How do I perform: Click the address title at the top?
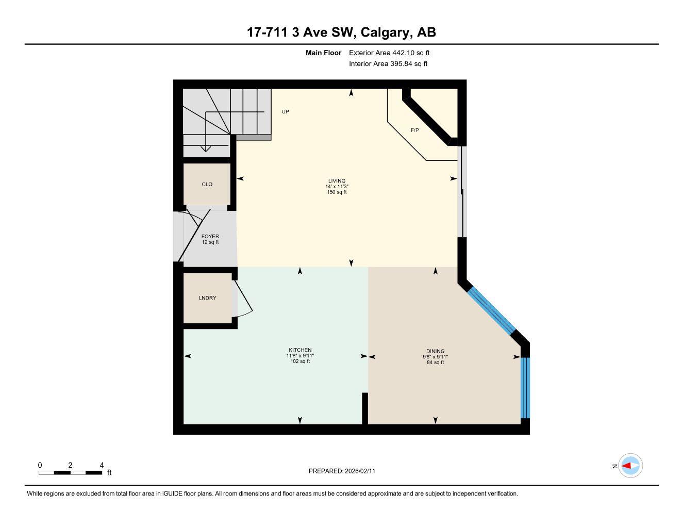341,32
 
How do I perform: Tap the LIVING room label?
337,181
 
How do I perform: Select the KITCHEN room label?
299,350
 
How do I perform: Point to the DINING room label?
435,351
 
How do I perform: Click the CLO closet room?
207,184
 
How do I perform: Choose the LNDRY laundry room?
207,298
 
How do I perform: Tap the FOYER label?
210,237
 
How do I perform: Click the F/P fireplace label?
414,130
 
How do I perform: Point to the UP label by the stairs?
285,112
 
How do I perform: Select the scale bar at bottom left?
70,472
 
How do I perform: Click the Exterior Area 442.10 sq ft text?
389,53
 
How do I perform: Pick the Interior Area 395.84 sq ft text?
388,64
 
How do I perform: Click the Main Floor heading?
323,53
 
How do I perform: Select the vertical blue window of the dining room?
525,387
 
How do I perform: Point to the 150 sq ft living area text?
337,192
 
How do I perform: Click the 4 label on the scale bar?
102,465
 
